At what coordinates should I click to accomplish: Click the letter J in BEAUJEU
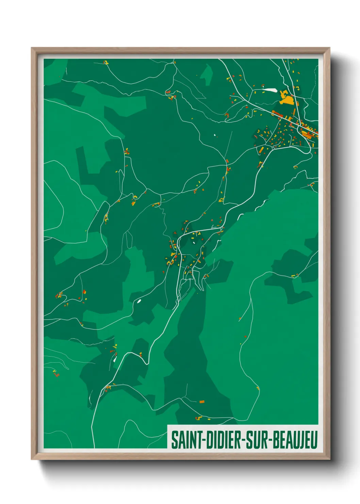point(302,440)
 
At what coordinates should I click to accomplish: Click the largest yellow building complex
point(287,99)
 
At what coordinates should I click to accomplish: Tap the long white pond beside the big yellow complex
point(270,90)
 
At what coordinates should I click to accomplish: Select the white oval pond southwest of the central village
point(139,301)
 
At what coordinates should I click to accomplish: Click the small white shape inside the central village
point(194,242)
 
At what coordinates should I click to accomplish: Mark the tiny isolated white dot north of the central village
point(215,135)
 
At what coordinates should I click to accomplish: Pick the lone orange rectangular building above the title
point(202,402)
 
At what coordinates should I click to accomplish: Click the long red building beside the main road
point(276,113)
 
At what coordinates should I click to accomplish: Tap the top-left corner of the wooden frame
point(32,48)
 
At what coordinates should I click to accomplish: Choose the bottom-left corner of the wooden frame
point(32,459)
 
